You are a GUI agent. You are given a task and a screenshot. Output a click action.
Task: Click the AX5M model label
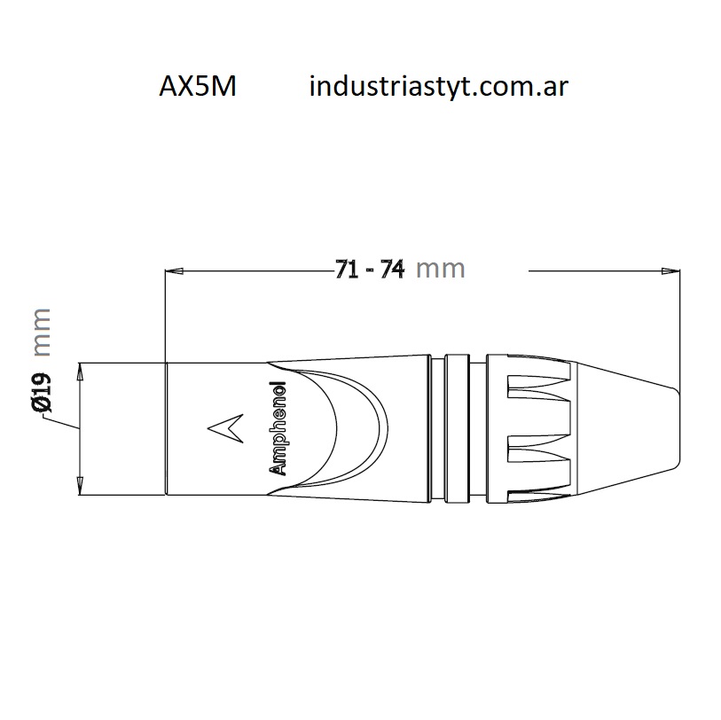click(x=198, y=86)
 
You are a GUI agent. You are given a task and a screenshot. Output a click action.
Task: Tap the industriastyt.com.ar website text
click(x=439, y=86)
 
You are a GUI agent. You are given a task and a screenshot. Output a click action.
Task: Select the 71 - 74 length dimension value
click(x=370, y=270)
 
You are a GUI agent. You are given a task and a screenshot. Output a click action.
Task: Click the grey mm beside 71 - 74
click(x=441, y=270)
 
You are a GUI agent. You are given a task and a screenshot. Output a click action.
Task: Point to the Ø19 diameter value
click(x=42, y=393)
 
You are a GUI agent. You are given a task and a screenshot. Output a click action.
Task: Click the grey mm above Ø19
click(x=42, y=332)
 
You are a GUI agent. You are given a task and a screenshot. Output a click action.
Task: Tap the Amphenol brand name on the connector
click(x=277, y=428)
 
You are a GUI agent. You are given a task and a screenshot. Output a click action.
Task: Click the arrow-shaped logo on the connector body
click(x=225, y=428)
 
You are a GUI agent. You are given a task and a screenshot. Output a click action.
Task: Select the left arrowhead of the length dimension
click(x=175, y=271)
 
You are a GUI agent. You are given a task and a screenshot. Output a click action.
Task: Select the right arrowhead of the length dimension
click(x=670, y=271)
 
